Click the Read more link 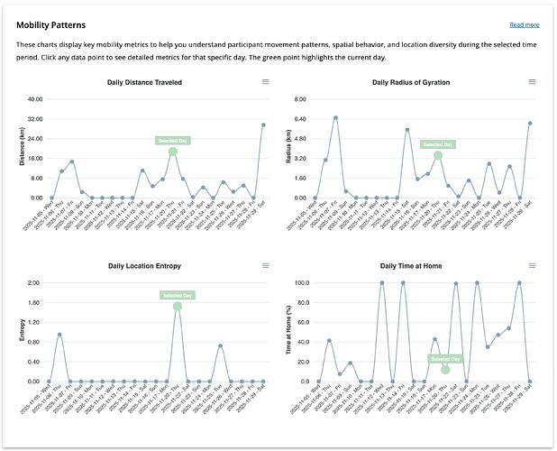(524, 25)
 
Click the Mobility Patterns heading (58, 24)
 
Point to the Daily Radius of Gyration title (411, 82)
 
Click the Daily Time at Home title (411, 266)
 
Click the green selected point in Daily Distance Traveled (173, 152)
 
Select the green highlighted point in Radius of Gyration (438, 155)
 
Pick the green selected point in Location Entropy (177, 307)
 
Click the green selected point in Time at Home (445, 370)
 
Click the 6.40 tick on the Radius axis (300, 119)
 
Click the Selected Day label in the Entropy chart (177, 295)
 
